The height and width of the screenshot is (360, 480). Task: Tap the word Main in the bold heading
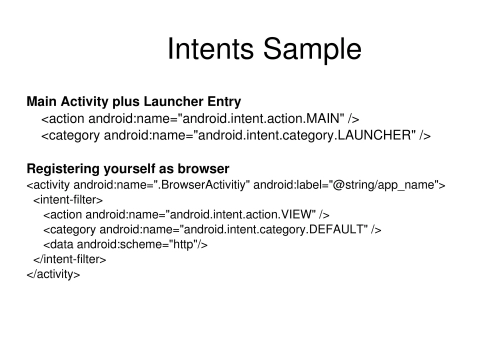[x=43, y=102]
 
